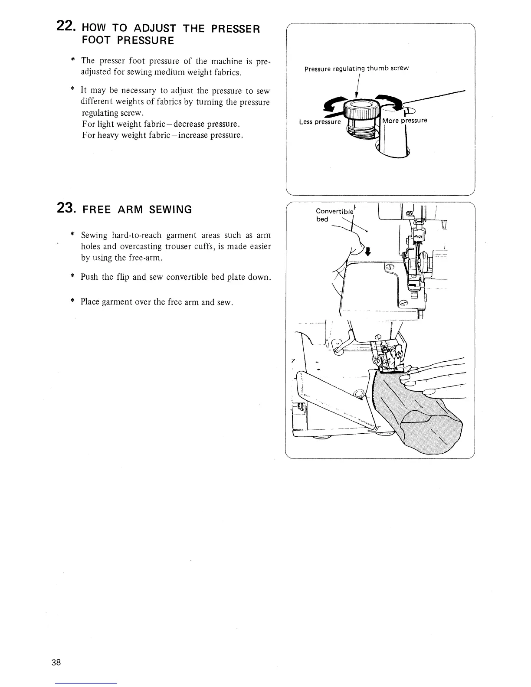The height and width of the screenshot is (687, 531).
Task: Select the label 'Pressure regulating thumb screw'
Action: (356, 69)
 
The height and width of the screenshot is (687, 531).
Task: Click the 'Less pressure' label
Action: (320, 122)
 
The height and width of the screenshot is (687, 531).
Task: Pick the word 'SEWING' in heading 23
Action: (170, 209)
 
